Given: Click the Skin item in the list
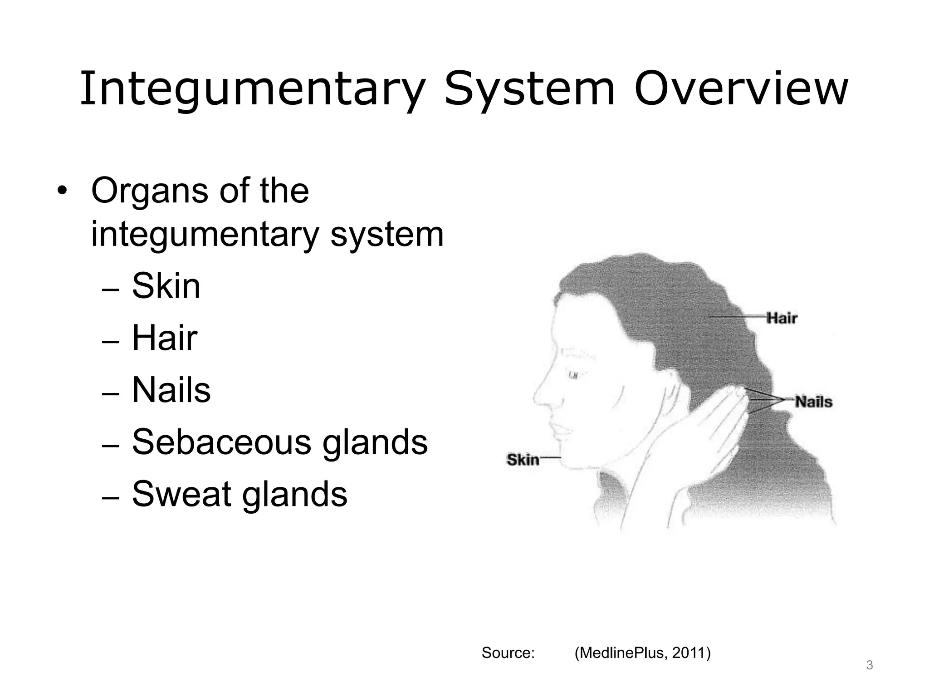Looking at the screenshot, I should coord(166,286).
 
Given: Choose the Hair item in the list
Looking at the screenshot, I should coord(165,339).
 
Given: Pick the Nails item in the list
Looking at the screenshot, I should coord(171,390).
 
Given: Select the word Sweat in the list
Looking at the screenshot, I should coord(181,494).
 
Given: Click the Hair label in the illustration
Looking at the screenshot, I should coord(781,318).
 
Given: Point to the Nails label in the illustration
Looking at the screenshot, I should coord(814,402).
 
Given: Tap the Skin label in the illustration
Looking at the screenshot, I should coord(523,460).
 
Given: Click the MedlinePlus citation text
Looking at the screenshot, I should coord(642,653).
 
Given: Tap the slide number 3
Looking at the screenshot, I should coord(869,666).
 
